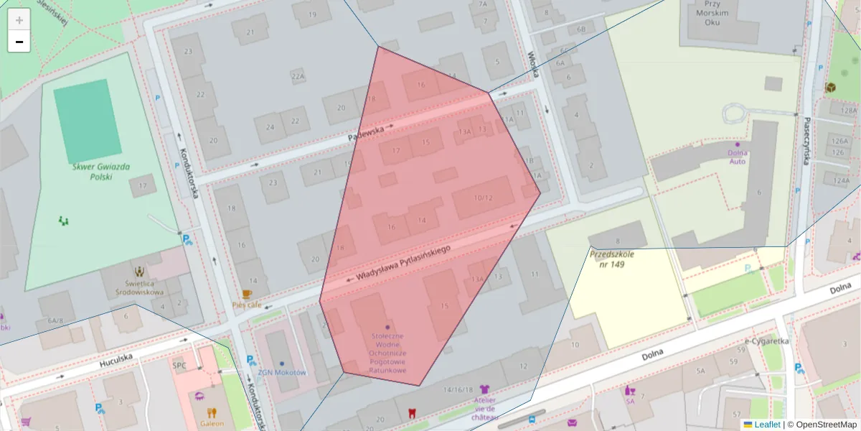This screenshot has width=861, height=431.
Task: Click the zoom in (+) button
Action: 19,20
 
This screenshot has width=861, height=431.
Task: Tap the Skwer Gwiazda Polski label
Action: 100,171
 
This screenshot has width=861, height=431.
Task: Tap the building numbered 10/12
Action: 484,198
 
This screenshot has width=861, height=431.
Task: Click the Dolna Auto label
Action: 737,157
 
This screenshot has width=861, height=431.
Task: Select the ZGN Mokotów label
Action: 282,373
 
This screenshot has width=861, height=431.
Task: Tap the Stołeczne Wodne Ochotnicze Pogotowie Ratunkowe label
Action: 388,353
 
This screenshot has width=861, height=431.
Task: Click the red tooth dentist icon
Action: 411,414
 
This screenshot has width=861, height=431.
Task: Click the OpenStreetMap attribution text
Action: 822,425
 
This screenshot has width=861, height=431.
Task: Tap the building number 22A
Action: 298,75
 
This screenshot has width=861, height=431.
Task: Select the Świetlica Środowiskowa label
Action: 139,287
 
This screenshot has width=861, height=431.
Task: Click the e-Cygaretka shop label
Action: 767,342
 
